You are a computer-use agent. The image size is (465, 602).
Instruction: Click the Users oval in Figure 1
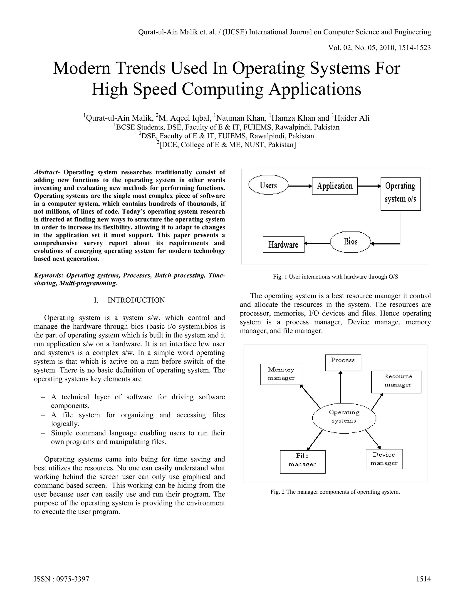pos(268,185)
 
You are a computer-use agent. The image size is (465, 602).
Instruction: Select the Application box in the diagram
pos(335,186)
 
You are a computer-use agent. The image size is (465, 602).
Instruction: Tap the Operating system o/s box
pos(401,194)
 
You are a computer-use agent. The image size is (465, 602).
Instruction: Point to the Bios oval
pos(350,242)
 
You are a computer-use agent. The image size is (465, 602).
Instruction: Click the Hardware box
pos(283,245)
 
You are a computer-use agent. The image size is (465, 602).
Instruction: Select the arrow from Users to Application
pos(300,186)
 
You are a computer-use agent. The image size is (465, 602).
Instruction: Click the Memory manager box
pos(281,374)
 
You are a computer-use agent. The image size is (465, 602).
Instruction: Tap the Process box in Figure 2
pos(343,363)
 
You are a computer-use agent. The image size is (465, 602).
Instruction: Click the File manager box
pos(302,462)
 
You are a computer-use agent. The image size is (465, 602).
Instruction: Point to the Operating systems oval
pos(344,418)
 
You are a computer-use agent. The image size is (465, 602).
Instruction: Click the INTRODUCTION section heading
pos(136,300)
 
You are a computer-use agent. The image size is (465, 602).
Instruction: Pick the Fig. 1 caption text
pos(335,277)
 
